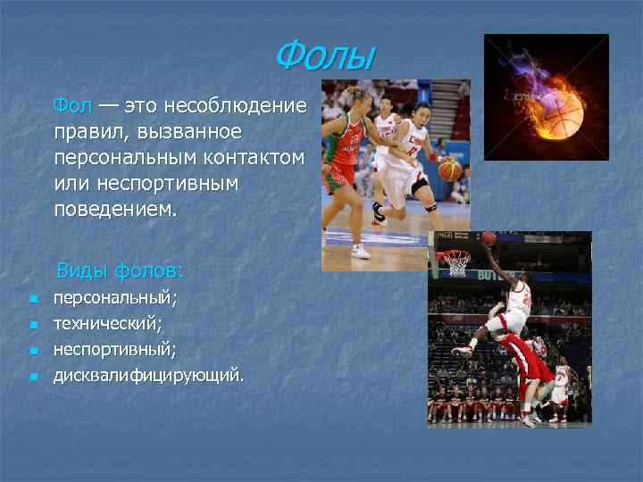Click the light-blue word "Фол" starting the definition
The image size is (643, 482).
pyautogui.click(x=71, y=106)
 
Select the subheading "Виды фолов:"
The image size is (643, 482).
pyautogui.click(x=120, y=270)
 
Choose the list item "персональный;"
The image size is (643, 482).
pyautogui.click(x=115, y=298)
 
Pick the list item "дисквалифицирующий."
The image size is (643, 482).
pyautogui.click(x=147, y=376)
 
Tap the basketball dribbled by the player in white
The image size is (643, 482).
pyautogui.click(x=450, y=170)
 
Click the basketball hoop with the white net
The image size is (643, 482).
pyautogui.click(x=457, y=261)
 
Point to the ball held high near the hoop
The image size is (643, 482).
pyautogui.click(x=489, y=238)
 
